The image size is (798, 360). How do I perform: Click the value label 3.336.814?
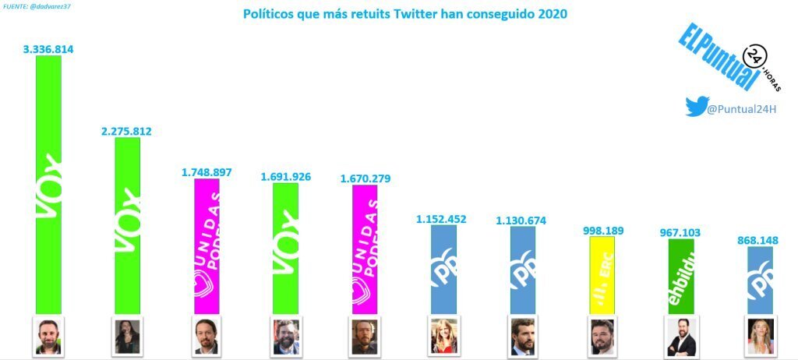pyautogui.click(x=49, y=48)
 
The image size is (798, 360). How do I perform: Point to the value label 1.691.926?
pyautogui.click(x=285, y=177)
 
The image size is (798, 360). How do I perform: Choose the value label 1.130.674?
pyautogui.click(x=522, y=221)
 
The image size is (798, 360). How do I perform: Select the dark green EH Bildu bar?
pyautogui.click(x=681, y=277)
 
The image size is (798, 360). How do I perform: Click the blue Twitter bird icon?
pyautogui.click(x=695, y=107)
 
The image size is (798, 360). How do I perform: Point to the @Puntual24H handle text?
pyautogui.click(x=742, y=109)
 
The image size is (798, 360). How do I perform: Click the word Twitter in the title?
pyautogui.click(x=377, y=14)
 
